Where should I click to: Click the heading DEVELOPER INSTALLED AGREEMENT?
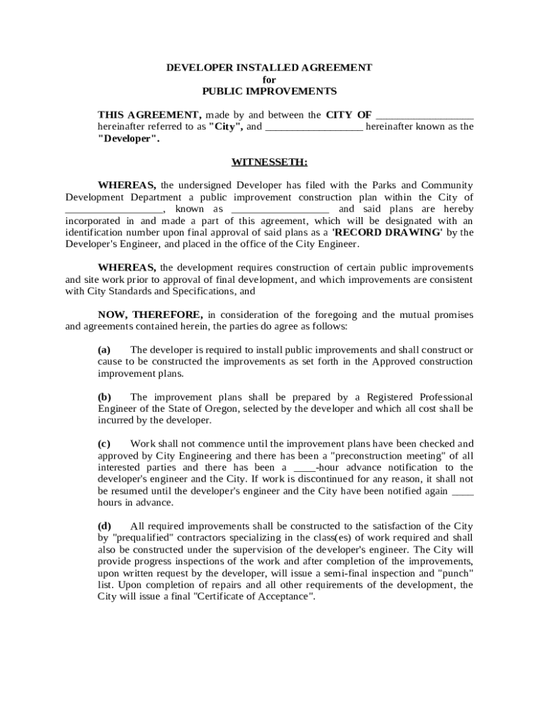269,67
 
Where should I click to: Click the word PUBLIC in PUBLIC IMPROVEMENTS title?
222,91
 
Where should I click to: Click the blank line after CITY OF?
424,115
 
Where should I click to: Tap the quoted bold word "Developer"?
128,139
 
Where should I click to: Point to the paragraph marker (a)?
104,349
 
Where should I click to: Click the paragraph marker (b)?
104,397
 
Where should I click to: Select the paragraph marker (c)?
104,444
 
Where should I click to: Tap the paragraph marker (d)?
104,526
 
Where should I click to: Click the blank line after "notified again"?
463,492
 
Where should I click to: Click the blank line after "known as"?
280,209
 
